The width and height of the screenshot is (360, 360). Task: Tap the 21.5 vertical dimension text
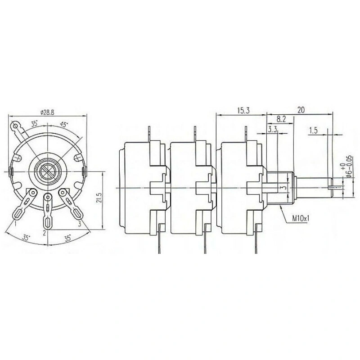(x=99, y=198)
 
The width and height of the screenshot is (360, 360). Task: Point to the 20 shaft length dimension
(x=301, y=110)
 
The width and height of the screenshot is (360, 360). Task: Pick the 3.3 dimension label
(x=272, y=130)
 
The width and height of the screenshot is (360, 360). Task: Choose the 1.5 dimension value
(x=313, y=130)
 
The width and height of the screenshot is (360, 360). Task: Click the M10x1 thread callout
(x=301, y=219)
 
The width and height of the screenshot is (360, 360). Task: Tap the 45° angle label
(x=64, y=125)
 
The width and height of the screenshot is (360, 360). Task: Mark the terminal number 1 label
(x=15, y=223)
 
